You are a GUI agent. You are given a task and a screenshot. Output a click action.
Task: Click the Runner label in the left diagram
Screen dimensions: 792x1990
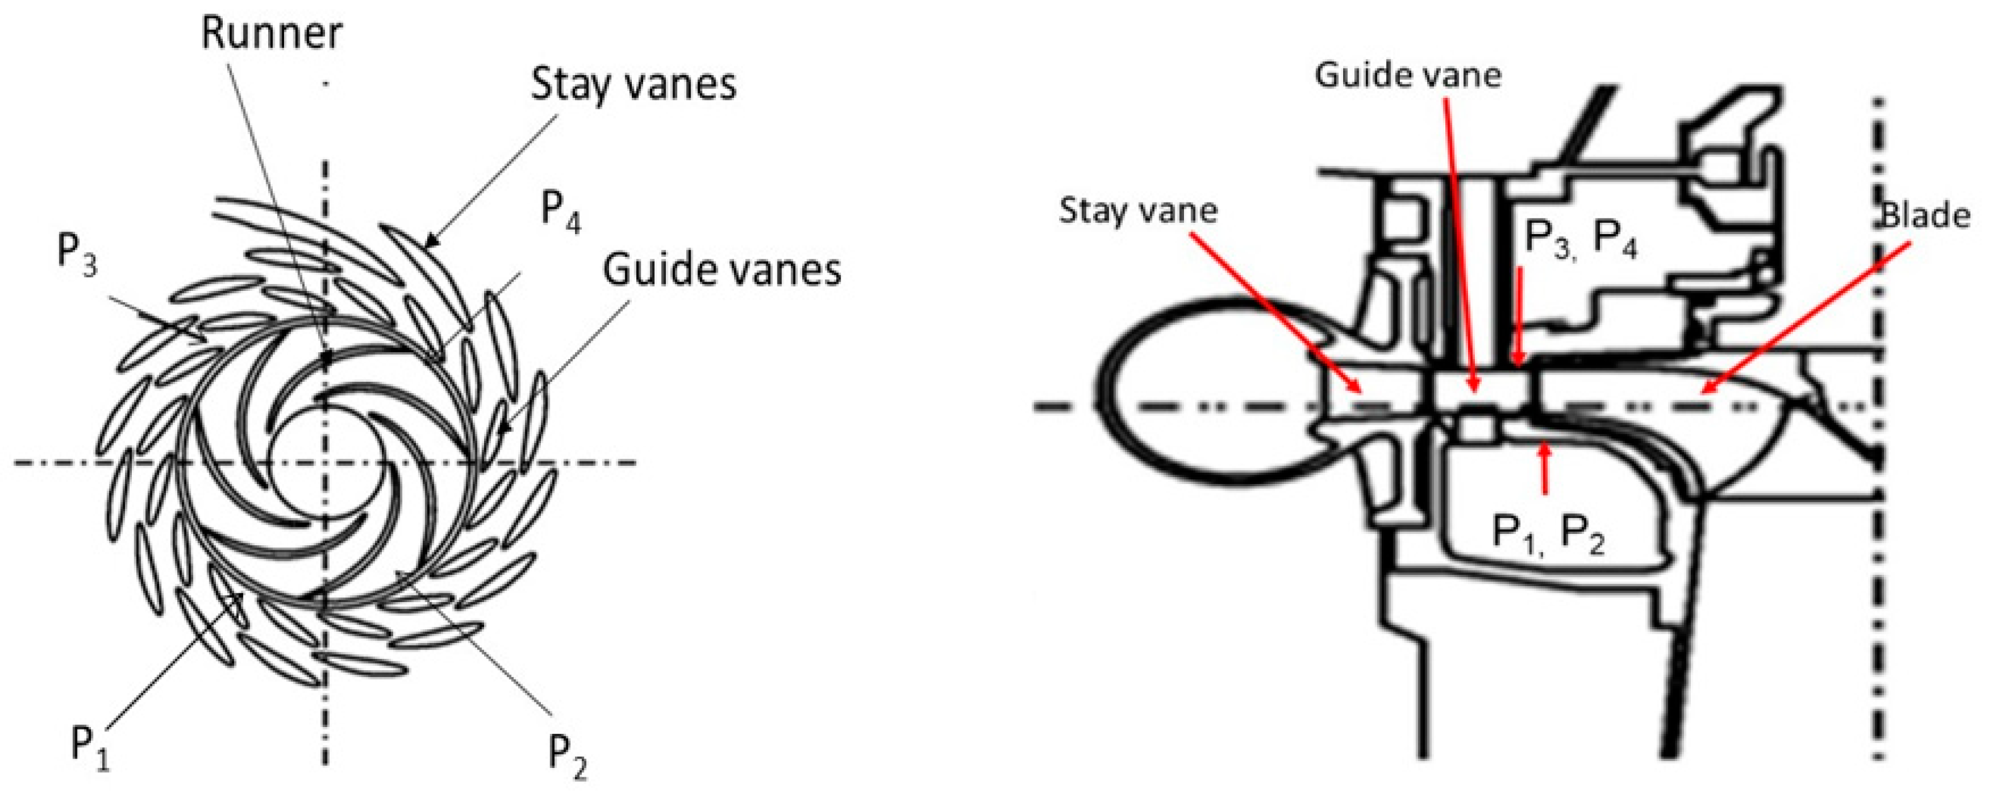click(271, 35)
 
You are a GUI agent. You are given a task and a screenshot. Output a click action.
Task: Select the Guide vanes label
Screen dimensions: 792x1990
click(721, 271)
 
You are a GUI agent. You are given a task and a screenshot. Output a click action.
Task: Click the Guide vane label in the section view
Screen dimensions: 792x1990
click(1407, 76)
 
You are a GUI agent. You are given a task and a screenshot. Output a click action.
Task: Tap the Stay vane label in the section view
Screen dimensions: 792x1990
click(1138, 210)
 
